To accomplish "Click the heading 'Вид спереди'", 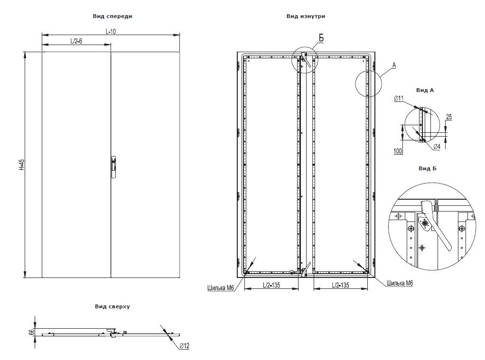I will coord(112,16).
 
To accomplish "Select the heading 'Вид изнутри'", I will coord(306,16).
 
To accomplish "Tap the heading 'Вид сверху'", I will coord(112,306).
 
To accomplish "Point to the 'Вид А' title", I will coord(425,90).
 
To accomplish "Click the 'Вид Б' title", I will coord(427,168).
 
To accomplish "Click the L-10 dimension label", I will coord(111,31).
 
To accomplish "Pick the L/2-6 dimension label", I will coord(76,41).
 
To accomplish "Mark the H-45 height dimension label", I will coord(21,164).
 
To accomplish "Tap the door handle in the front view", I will coord(113,167).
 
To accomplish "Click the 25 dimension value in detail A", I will coord(448,116).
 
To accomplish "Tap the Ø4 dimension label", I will coord(437,146).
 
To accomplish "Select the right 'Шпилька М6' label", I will coord(400,283).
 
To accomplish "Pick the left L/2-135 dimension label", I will coord(272,286).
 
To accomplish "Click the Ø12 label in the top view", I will coord(184,346).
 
